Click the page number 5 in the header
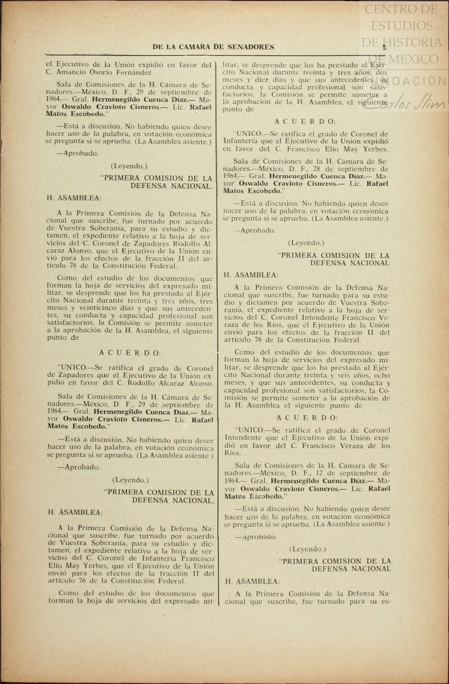point(384,47)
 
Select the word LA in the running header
point(171,47)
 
